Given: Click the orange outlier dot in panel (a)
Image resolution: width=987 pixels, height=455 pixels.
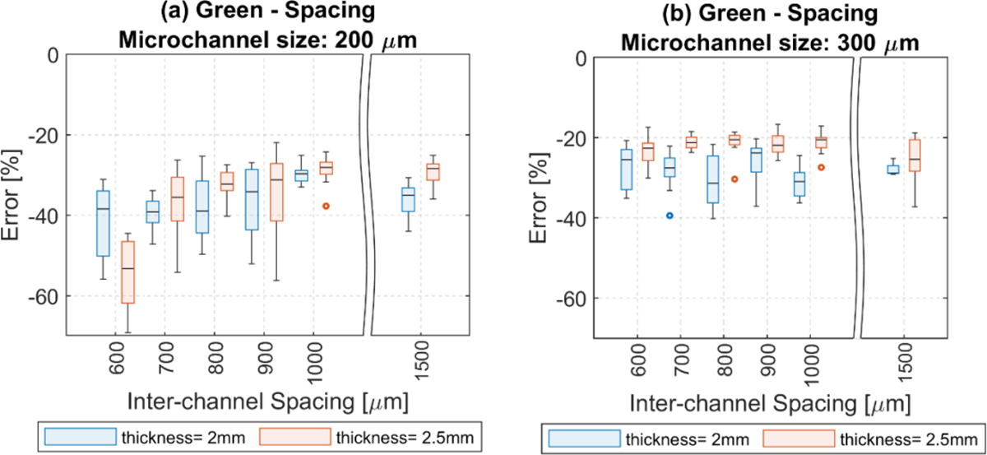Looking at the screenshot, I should pos(326,206).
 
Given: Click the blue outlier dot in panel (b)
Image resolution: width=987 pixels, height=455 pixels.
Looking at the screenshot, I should pos(670,216).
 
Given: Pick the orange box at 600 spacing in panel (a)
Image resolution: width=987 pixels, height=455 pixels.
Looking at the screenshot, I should pos(127,272).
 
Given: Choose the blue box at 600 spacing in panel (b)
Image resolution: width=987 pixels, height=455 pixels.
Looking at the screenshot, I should pos(627,169).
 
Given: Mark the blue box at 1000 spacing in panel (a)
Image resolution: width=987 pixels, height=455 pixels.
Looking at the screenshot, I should pos(301,175).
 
